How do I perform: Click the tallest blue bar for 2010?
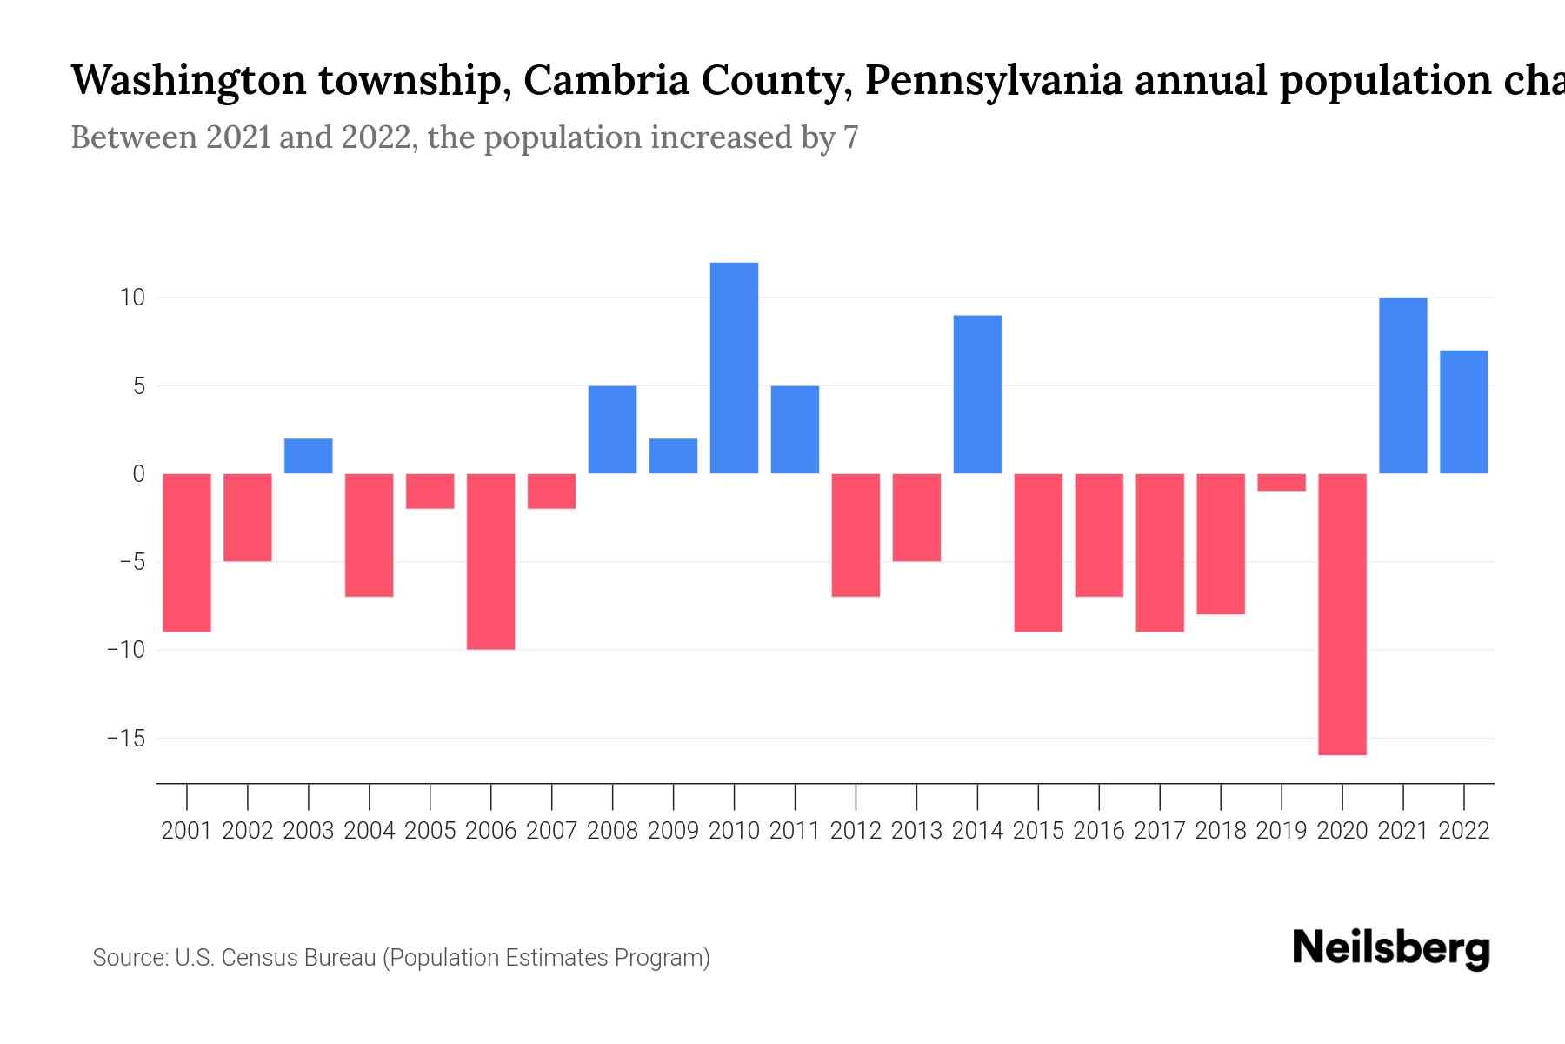click(734, 368)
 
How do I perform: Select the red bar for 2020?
click(1342, 613)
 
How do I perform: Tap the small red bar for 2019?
click(1282, 482)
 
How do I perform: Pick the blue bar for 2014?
click(977, 394)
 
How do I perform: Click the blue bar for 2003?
click(309, 456)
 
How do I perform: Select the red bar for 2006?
click(491, 561)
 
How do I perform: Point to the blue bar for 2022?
click(1463, 412)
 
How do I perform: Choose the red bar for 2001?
click(187, 552)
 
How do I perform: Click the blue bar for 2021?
click(1402, 385)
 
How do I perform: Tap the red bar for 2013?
click(916, 518)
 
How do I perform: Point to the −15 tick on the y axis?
click(126, 739)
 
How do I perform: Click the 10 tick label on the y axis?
click(132, 298)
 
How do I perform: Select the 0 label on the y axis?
click(138, 474)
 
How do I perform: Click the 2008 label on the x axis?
click(612, 831)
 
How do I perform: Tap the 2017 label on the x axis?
click(1159, 831)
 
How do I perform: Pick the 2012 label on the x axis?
click(856, 831)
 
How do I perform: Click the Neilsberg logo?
click(1391, 948)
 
